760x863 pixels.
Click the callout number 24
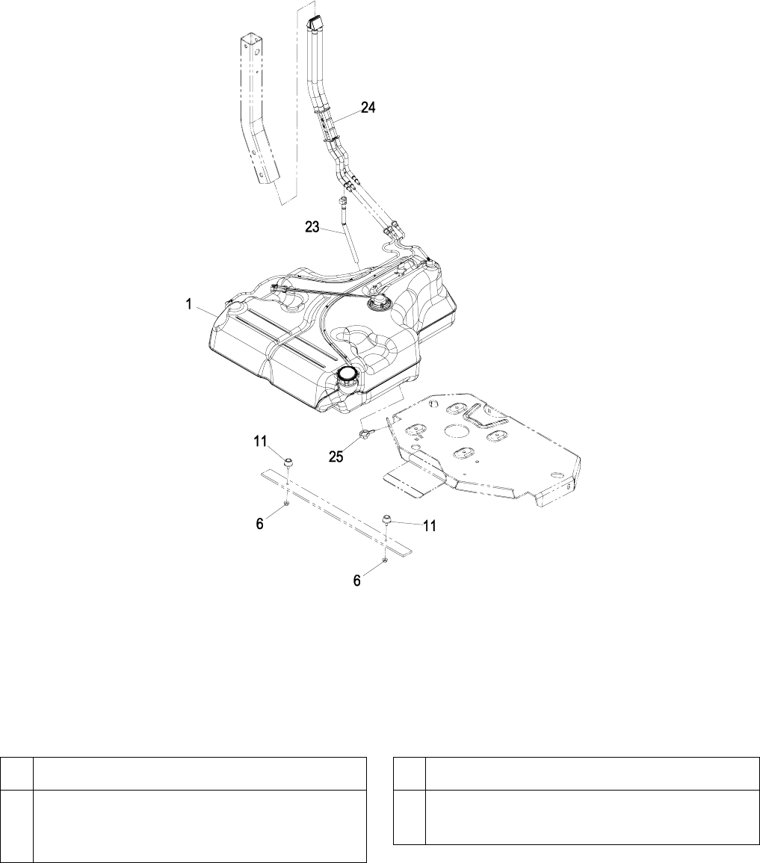tap(368, 108)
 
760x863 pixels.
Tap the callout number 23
tap(315, 226)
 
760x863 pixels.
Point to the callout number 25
tap(336, 456)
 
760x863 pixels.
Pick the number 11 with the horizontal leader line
tap(429, 526)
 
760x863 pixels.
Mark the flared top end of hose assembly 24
tap(315, 25)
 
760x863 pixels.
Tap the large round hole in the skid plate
tap(457, 431)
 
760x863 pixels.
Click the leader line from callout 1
tap(209, 309)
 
